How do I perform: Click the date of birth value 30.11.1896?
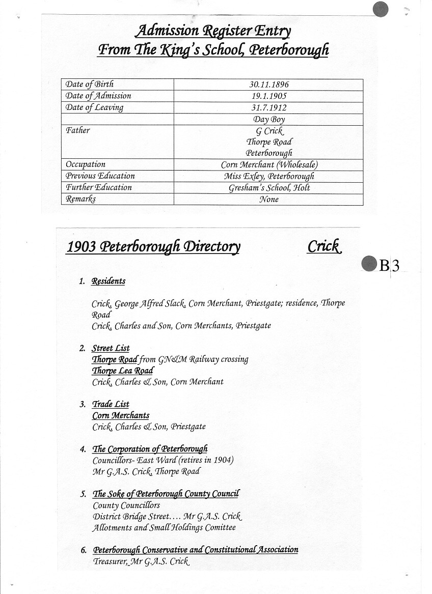268,84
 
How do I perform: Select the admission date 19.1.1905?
268,96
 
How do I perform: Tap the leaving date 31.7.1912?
268,108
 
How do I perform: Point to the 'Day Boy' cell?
268,120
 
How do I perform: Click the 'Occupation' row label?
86,164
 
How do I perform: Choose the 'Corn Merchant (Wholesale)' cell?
269,165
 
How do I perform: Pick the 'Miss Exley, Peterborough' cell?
269,176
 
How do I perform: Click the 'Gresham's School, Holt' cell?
269,188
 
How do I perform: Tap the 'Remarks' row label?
80,199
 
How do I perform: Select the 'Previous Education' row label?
100,176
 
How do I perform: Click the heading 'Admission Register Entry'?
213,32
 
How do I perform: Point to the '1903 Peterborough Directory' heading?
153,247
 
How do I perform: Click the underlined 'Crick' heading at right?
324,247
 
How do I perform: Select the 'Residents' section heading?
109,281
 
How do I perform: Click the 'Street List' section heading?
111,349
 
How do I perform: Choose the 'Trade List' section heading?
111,404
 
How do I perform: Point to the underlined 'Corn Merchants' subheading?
121,416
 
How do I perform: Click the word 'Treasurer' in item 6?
110,561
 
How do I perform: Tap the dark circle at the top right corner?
381,9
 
